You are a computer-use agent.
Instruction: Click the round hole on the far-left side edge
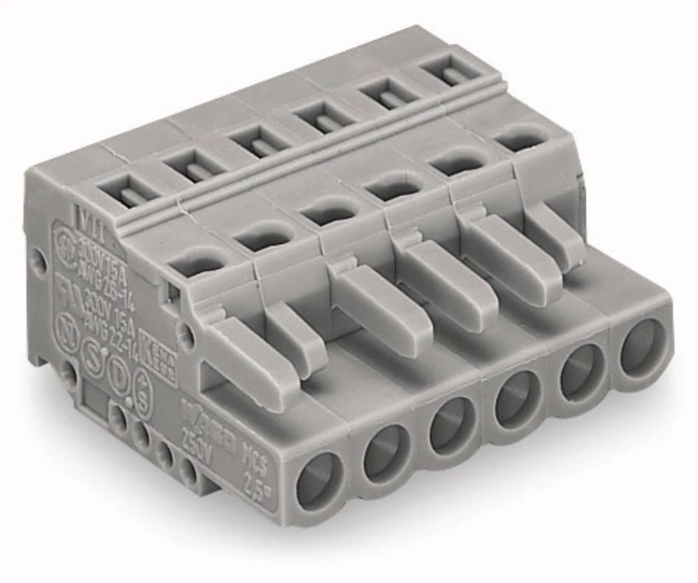(x=40, y=260)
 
